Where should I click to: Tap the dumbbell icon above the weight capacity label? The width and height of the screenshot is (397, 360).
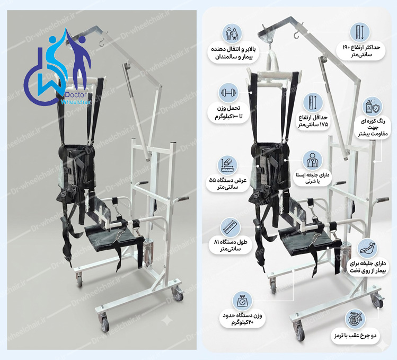click(228, 93)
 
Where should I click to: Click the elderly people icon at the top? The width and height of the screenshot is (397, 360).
click(232, 34)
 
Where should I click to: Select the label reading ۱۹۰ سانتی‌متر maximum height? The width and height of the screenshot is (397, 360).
click(361, 51)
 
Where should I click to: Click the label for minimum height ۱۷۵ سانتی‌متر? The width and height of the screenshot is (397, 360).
click(313, 121)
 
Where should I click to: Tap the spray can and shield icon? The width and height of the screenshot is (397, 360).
click(371, 107)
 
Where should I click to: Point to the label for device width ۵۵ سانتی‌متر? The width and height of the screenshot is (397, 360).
click(227, 184)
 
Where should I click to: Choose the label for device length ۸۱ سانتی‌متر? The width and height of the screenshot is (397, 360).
click(231, 245)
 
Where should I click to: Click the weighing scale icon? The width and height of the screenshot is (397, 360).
click(243, 301)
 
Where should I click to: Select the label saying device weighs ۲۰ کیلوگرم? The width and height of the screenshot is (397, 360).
click(242, 319)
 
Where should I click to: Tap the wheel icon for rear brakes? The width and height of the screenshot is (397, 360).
click(355, 319)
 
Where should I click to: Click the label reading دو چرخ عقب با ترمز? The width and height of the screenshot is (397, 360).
click(355, 336)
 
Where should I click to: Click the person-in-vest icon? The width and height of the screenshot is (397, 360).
click(312, 161)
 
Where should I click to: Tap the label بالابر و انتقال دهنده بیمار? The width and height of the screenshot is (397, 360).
click(233, 53)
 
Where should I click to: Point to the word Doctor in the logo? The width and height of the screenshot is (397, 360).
click(76, 95)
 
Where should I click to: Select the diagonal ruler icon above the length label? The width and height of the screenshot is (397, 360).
click(230, 227)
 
